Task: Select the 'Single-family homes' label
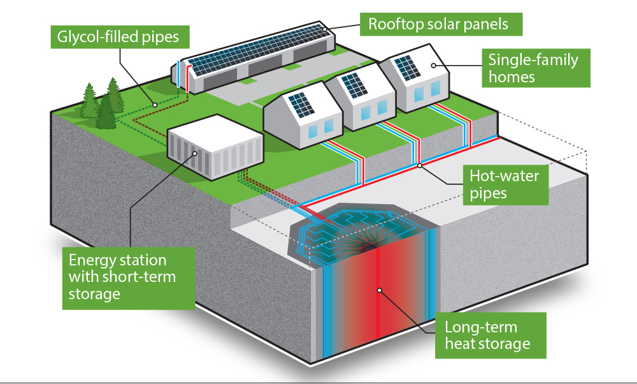point(534,68)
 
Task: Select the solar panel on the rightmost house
point(403,66)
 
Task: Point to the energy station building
point(213,149)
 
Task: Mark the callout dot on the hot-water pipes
point(419,166)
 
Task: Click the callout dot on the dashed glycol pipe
point(153,104)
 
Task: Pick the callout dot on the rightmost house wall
point(434,65)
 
